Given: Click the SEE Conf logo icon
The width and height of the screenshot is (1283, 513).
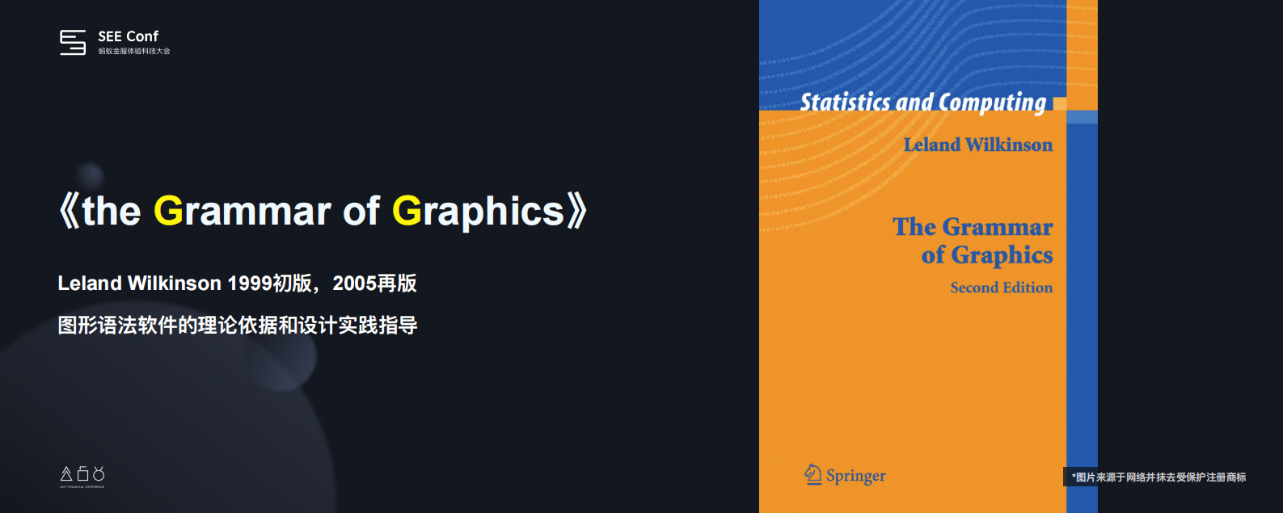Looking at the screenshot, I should click(73, 42).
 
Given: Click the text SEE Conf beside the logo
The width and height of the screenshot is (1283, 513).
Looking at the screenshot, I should click(128, 36).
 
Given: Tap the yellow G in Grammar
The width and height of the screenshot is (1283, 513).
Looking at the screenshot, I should click(168, 211).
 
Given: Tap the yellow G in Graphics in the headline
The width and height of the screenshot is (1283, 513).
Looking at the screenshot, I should click(407, 211).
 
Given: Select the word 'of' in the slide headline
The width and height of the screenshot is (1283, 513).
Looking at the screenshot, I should click(361, 211).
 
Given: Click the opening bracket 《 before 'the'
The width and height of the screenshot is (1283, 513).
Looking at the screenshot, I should click(69, 211).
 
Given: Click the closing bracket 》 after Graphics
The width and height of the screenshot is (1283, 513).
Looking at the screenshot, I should click(576, 211).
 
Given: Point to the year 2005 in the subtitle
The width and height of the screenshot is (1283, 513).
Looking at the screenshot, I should click(354, 284).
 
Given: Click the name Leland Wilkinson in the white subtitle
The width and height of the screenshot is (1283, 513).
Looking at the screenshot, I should click(139, 284).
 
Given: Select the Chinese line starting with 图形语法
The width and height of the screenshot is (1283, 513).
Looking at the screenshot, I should click(238, 326).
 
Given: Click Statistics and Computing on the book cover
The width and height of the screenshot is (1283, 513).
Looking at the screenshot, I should click(922, 103).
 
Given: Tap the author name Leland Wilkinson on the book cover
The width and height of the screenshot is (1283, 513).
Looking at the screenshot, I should click(977, 145).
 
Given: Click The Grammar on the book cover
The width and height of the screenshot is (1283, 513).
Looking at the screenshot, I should click(973, 227).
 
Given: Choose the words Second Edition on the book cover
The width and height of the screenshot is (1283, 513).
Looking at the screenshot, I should click(1001, 288).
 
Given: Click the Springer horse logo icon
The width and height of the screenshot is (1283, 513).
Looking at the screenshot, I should click(812, 474).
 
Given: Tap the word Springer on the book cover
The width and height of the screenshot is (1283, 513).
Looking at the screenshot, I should click(855, 476).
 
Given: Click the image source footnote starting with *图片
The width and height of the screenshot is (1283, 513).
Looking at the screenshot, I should click(1158, 477).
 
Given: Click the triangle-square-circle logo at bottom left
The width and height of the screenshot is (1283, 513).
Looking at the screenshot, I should click(82, 474).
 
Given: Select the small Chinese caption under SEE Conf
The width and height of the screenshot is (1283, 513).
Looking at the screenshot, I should click(134, 51).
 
